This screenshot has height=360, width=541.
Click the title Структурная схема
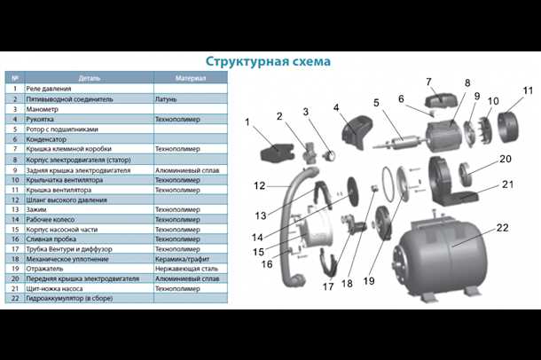tap(268, 61)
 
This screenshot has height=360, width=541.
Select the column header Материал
tap(191, 78)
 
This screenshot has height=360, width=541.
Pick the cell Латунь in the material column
tap(168, 99)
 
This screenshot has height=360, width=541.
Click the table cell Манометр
tap(45, 109)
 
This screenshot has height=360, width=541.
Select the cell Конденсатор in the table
tap(50, 139)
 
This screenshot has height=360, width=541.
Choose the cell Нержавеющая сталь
tap(186, 269)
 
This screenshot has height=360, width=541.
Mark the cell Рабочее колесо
tap(53, 219)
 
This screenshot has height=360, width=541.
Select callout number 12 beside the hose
tap(258, 186)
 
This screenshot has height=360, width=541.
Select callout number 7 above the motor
tap(428, 82)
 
